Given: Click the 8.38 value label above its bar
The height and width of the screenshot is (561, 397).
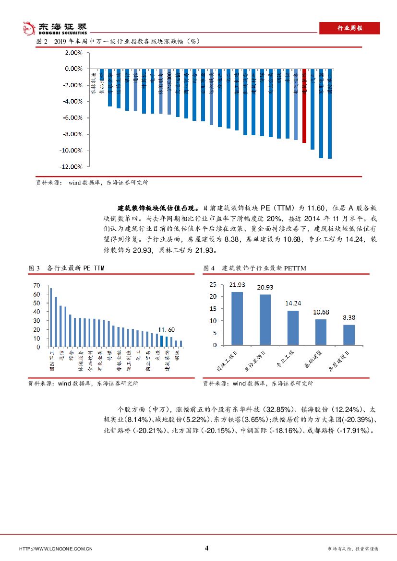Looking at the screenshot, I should tap(349, 317).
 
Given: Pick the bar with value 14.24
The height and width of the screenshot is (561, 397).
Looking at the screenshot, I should tap(293, 327).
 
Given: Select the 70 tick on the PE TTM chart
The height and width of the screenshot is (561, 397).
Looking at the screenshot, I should tap(37, 285).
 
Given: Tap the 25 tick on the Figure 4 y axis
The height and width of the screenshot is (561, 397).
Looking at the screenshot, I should tap(214, 285).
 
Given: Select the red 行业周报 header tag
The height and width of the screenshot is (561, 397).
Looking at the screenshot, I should tap(349, 28).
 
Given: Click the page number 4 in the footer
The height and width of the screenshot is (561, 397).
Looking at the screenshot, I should tap(206, 548).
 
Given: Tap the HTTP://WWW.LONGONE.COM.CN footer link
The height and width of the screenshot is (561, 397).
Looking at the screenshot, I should tap(55, 549).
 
